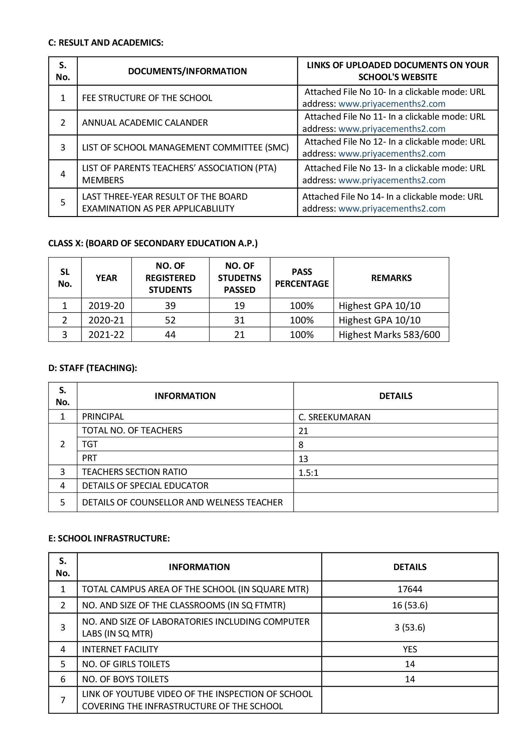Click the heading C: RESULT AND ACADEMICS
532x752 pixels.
click(105, 43)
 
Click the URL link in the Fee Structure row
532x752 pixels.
click(391, 104)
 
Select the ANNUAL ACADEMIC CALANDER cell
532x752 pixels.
click(145, 123)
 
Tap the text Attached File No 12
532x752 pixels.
click(345, 142)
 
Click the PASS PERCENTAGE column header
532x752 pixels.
click(301, 278)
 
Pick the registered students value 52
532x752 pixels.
click(170, 320)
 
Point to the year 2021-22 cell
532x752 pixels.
click(106, 334)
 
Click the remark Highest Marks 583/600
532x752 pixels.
click(389, 334)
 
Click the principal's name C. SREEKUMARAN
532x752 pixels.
click(334, 417)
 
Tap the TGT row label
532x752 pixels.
click(90, 444)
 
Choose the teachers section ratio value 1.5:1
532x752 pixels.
click(308, 473)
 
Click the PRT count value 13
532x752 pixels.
click(303, 458)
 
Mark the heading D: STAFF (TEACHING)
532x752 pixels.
click(92, 368)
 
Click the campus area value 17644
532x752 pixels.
click(409, 589)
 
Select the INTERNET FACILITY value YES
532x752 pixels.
click(409, 649)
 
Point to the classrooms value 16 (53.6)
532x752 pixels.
click(409, 605)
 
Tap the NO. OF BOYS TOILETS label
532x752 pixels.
click(125, 679)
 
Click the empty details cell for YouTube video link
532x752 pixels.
click(409, 700)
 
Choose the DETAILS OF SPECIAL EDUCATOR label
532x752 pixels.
click(145, 485)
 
